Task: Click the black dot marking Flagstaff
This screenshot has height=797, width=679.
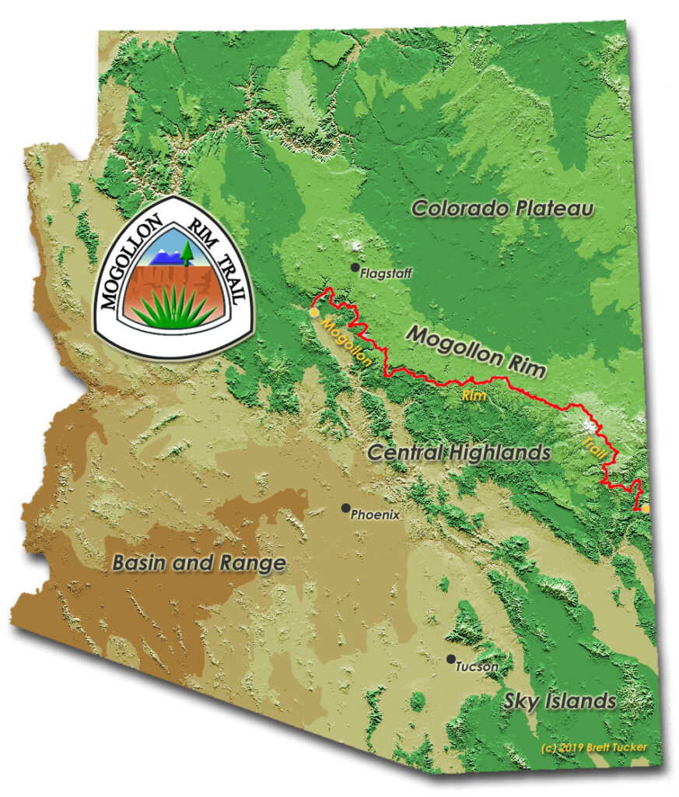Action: click(355, 268)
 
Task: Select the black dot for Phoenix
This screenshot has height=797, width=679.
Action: click(345, 507)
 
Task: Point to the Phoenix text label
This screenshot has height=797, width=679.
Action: click(375, 514)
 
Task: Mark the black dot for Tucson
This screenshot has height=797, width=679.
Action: click(450, 659)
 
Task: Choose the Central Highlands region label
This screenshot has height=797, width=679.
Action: click(459, 452)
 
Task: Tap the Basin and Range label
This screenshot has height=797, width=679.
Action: click(198, 563)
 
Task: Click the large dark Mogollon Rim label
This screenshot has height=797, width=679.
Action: click(476, 351)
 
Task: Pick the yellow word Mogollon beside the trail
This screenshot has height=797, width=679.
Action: click(341, 342)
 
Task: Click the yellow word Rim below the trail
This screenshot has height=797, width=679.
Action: click(474, 395)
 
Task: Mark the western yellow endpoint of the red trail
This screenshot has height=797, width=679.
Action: click(313, 312)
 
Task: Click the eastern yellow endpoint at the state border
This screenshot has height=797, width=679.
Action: click(645, 508)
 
